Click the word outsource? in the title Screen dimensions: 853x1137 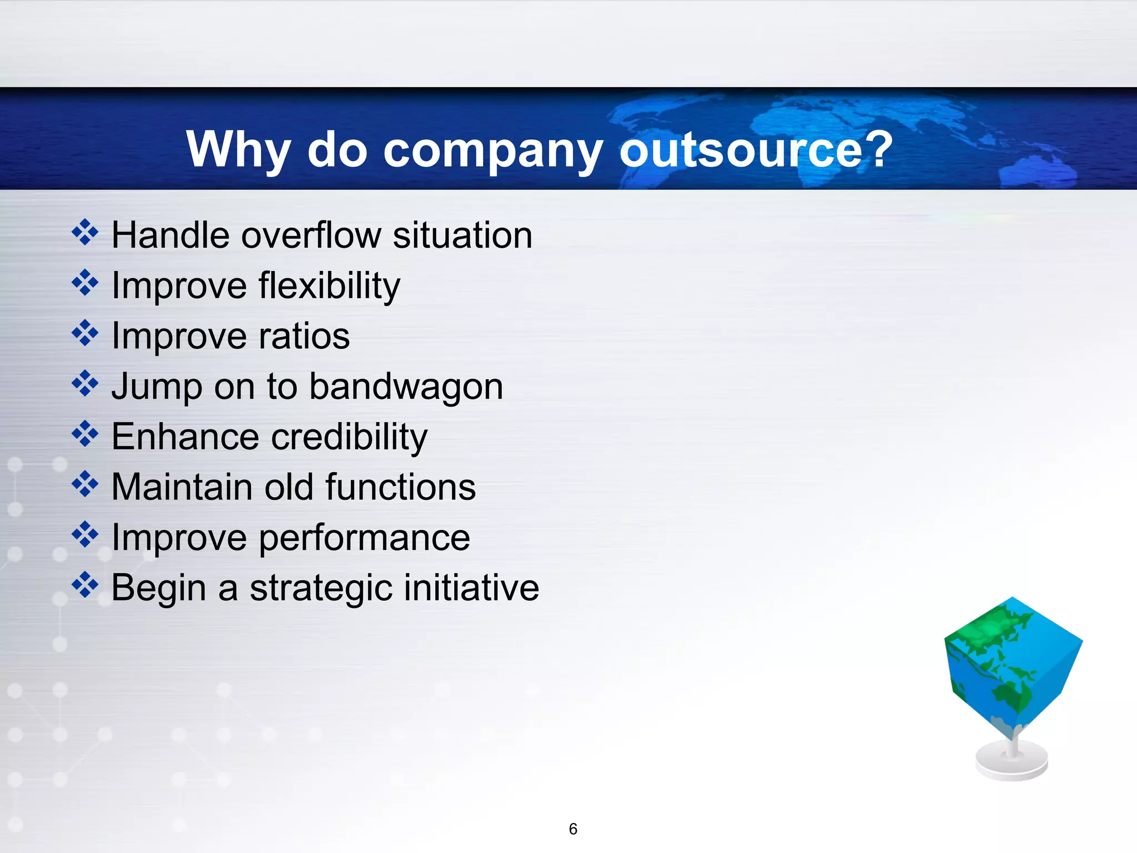click(x=756, y=149)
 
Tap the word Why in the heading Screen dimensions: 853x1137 click(x=238, y=149)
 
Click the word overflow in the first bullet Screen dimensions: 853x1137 click(x=311, y=235)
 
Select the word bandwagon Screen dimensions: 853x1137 click(x=406, y=387)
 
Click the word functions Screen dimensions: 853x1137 click(x=400, y=488)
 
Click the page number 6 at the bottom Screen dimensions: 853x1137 click(x=573, y=829)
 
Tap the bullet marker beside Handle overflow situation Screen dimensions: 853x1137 click(x=85, y=232)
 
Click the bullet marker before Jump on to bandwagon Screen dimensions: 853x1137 click(x=85, y=384)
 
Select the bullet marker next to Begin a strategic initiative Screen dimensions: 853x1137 click(x=85, y=585)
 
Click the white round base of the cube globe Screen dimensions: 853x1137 click(x=1012, y=764)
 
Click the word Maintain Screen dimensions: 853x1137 click(x=182, y=488)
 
